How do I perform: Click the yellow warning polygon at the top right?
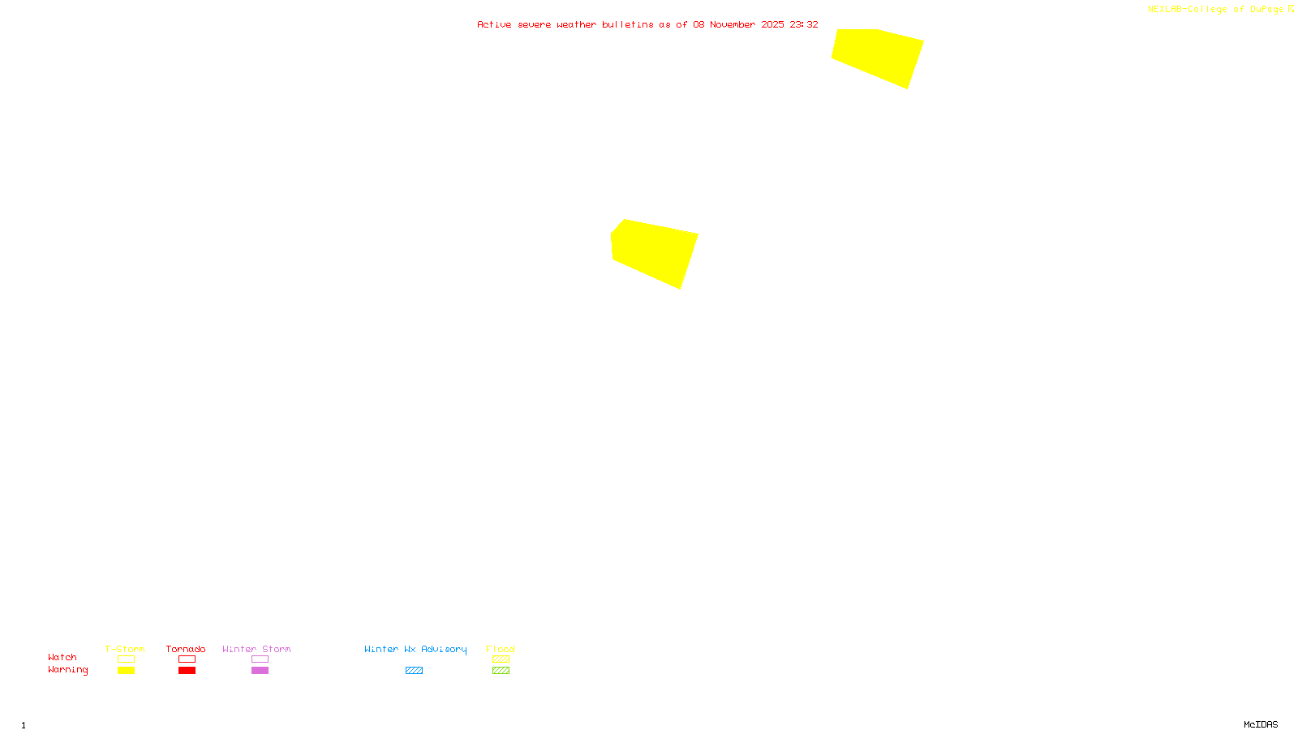[x=877, y=55]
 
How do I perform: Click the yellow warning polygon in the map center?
[x=654, y=251]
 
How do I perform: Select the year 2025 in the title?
[x=772, y=24]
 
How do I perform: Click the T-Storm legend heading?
[x=125, y=649]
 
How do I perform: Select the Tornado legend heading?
[x=186, y=649]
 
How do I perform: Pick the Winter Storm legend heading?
[x=256, y=649]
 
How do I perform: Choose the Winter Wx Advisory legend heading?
[x=415, y=649]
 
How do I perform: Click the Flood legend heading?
[x=501, y=649]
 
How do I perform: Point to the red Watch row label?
[x=62, y=657]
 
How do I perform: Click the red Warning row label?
[x=68, y=670]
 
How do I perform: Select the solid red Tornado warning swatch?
[x=187, y=671]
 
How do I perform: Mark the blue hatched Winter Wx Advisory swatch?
[x=414, y=671]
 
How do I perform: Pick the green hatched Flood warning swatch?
[x=501, y=671]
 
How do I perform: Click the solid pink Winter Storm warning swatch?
[x=260, y=671]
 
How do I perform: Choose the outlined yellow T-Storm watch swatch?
[x=126, y=659]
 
